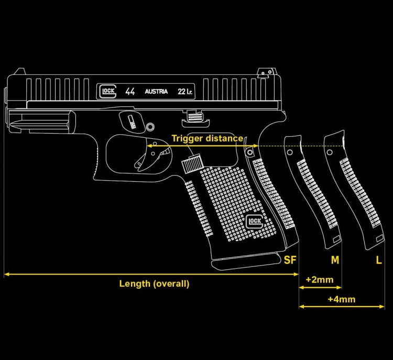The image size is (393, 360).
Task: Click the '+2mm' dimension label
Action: click(x=320, y=279)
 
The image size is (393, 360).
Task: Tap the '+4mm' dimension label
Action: click(x=341, y=299)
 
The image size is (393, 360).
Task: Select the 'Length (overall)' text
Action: click(x=154, y=284)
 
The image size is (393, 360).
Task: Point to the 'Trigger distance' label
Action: click(x=208, y=138)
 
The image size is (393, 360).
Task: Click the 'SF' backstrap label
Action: click(x=290, y=260)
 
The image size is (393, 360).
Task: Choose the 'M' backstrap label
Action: click(x=335, y=260)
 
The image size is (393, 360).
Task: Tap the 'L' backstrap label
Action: click(x=379, y=260)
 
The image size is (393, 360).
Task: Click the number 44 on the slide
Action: click(x=130, y=91)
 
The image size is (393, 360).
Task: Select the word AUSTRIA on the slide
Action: click(x=156, y=92)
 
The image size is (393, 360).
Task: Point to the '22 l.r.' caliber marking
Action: click(x=185, y=92)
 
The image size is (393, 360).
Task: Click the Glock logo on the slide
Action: click(x=108, y=91)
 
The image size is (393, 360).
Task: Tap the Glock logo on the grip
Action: click(x=255, y=221)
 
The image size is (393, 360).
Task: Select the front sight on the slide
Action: click(x=19, y=71)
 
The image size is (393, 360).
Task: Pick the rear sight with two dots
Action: click(x=267, y=72)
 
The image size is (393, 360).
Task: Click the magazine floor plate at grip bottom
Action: click(x=247, y=261)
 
